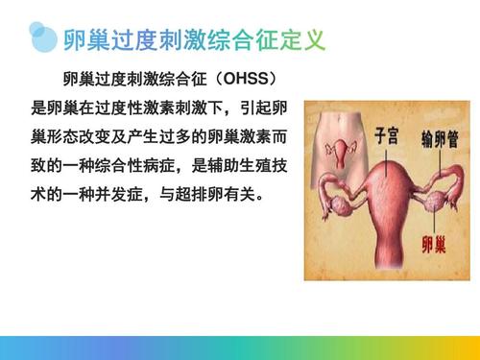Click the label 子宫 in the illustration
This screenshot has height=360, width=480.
[388, 136]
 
